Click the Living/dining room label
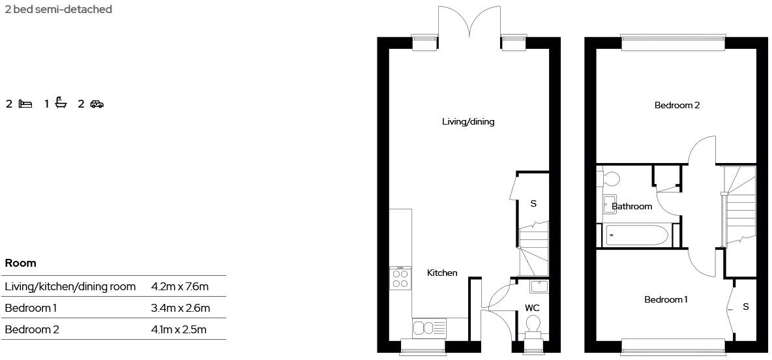click(x=468, y=121)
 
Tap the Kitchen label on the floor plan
click(x=442, y=273)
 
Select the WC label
click(x=533, y=308)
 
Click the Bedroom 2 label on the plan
click(x=677, y=105)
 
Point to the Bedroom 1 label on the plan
click(x=666, y=299)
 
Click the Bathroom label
click(x=632, y=206)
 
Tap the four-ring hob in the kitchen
click(x=400, y=278)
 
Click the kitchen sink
click(x=429, y=327)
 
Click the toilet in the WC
click(x=533, y=324)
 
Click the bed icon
click(x=26, y=104)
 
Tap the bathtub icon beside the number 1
click(x=61, y=103)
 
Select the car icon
click(x=96, y=104)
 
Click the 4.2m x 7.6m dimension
click(x=179, y=286)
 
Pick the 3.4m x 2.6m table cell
click(x=180, y=308)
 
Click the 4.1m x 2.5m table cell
click(x=179, y=329)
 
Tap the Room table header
click(x=20, y=263)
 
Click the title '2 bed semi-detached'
click(x=58, y=9)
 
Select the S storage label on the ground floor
click(x=533, y=203)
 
